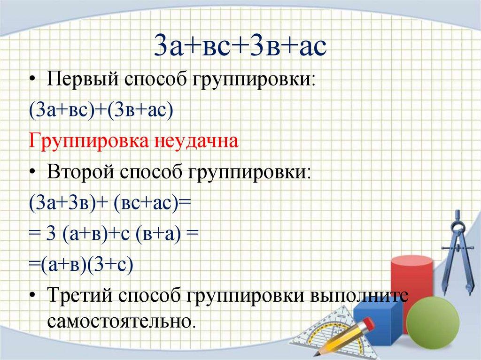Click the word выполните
click(x=360, y=296)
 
